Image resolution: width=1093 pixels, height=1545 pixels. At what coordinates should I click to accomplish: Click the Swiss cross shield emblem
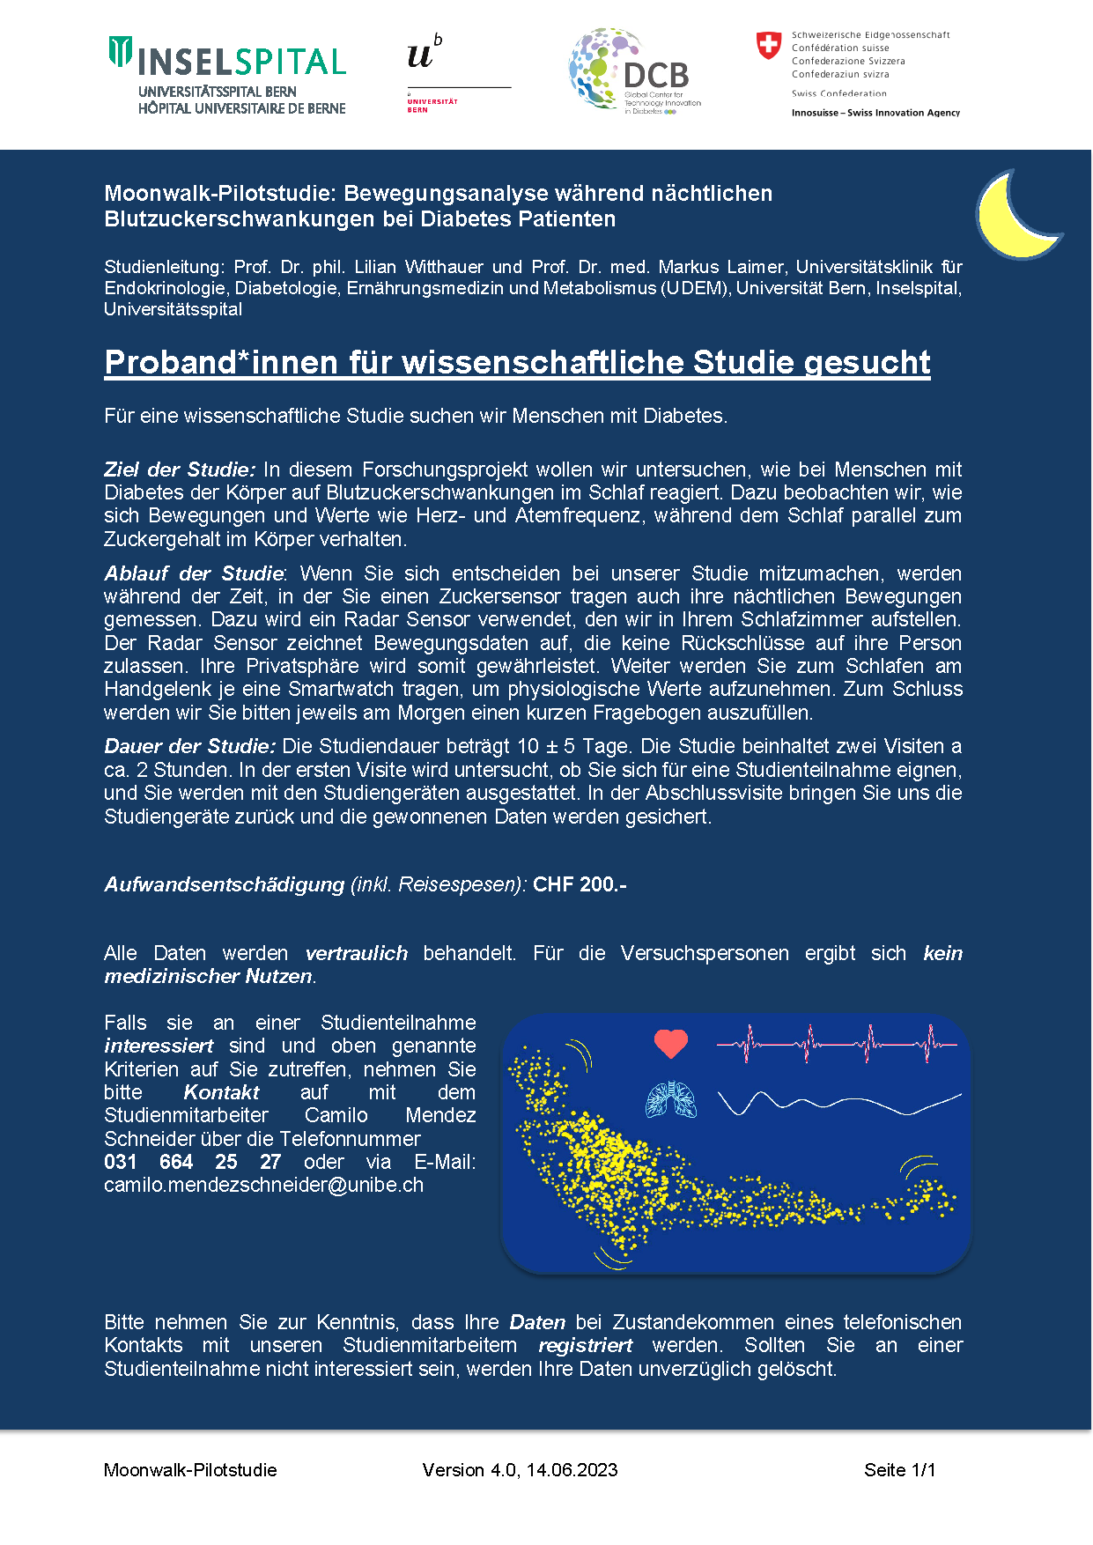coord(769,45)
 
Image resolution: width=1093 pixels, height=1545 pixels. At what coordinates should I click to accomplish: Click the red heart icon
coord(670,1044)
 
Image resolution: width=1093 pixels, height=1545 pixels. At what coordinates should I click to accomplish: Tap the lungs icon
coord(671,1099)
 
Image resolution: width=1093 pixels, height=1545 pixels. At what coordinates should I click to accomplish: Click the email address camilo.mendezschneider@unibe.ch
coord(263,1185)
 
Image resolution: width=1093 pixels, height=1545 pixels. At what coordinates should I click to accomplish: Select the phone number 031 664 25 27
coord(192,1162)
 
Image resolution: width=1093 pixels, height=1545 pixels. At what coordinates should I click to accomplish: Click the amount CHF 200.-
coord(580,884)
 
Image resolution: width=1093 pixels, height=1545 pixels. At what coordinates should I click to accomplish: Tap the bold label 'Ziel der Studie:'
coord(180,469)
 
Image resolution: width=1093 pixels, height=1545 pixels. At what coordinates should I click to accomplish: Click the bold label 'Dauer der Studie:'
coord(189,746)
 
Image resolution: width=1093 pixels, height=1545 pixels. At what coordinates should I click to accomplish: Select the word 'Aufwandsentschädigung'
coord(224,884)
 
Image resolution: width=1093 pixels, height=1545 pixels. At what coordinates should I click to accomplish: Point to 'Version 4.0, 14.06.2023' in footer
coord(520,1470)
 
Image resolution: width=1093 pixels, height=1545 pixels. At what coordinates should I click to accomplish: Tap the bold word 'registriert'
coord(585,1345)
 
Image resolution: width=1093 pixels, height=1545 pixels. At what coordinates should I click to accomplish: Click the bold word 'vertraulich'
coord(356,953)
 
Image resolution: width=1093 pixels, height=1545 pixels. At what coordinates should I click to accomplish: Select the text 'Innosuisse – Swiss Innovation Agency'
coord(875,113)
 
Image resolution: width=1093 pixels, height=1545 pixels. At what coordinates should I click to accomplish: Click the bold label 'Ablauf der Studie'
coord(194,573)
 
